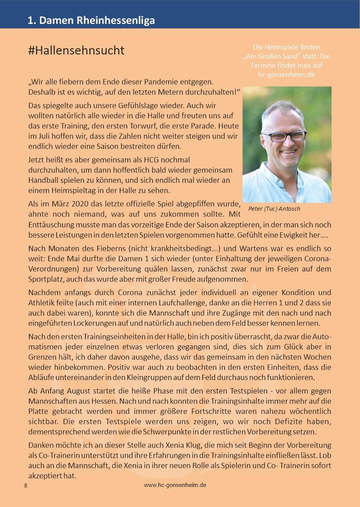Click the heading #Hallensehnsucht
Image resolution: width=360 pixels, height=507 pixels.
(76, 50)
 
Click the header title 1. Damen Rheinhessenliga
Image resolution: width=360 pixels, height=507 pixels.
(91, 20)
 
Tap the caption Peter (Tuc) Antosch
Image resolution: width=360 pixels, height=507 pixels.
(274, 209)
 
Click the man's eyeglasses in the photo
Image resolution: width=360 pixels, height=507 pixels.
(285, 135)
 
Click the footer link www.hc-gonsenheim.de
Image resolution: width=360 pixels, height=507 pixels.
(175, 485)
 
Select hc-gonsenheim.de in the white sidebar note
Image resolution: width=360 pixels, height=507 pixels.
(287, 74)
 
